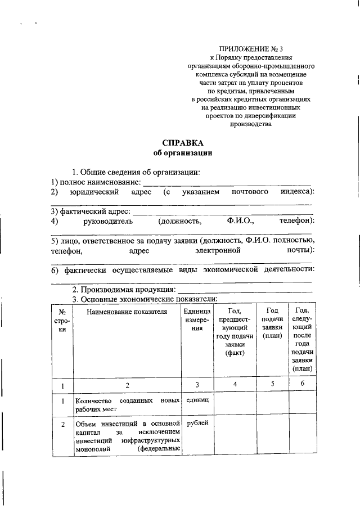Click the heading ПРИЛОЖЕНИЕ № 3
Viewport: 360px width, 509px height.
tap(251, 49)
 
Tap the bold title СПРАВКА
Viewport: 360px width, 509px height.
tap(183, 143)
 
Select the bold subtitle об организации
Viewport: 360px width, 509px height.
tap(183, 153)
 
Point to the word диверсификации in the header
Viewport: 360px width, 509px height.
tap(274, 116)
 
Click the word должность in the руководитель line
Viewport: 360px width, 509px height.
tap(179, 222)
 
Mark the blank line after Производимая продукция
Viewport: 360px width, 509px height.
tap(245, 291)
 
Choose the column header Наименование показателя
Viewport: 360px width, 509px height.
tap(127, 313)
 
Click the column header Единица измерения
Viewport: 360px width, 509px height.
tap(196, 321)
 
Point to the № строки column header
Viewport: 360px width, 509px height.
tap(62, 321)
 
